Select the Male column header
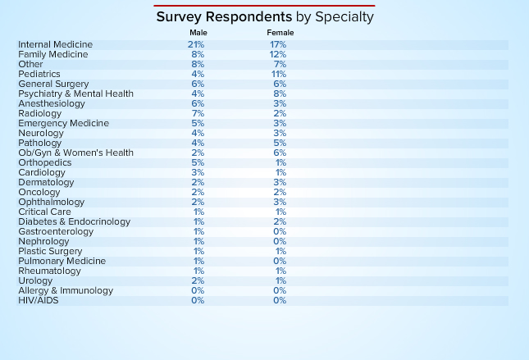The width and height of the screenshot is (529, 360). (x=198, y=32)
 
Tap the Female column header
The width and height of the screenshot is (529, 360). (x=280, y=32)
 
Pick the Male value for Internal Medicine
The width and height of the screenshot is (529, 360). (x=197, y=44)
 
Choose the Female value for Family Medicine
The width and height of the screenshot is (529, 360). (x=278, y=54)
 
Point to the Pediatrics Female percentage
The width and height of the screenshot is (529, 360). (x=279, y=74)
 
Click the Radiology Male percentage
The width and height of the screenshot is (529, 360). (x=198, y=113)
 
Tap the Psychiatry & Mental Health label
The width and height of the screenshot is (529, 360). (x=75, y=93)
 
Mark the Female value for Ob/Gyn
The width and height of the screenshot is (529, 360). (x=280, y=153)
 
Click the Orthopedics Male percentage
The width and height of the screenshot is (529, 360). (x=198, y=162)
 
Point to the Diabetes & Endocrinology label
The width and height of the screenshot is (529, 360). (x=74, y=221)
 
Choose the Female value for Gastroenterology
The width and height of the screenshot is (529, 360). (x=280, y=231)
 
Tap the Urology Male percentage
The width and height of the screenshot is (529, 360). (x=198, y=280)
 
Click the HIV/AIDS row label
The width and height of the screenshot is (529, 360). (x=39, y=300)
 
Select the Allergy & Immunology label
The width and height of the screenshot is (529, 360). (x=66, y=290)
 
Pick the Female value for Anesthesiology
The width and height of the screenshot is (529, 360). (x=280, y=103)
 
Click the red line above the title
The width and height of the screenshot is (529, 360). (x=264, y=5)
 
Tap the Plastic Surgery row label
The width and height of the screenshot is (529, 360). (x=50, y=251)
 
